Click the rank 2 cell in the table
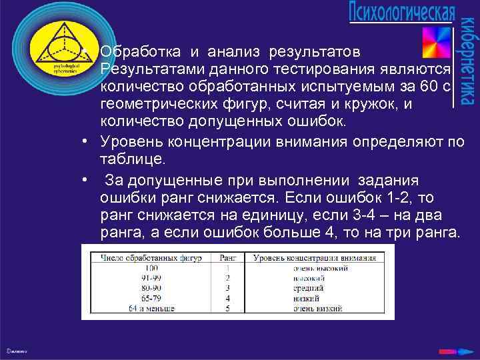tap(227, 277)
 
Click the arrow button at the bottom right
tap(446, 349)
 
